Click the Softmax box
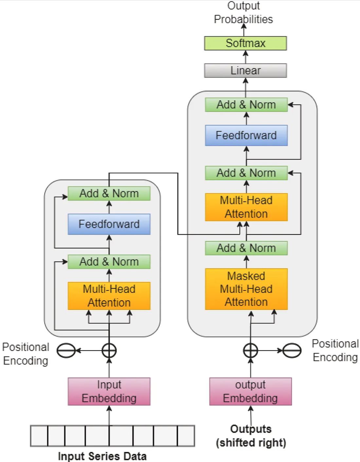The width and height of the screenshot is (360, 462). tap(245, 43)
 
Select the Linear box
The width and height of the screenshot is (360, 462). tap(245, 70)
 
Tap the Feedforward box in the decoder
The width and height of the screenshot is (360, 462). tap(246, 135)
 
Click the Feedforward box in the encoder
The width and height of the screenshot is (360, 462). tap(109, 224)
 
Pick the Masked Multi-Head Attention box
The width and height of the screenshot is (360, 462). tap(246, 289)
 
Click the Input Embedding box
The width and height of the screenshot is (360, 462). tap(109, 391)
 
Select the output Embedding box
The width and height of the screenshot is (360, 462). tap(250, 391)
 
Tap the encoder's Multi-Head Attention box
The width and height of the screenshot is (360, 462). tap(109, 296)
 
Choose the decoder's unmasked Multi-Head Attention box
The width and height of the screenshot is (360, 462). tap(246, 207)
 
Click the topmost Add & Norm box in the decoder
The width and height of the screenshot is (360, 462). tap(246, 105)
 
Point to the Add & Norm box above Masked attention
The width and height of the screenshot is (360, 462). tap(246, 248)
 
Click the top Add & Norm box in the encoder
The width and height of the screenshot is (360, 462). tap(109, 194)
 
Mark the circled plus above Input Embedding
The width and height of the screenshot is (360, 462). tap(109, 351)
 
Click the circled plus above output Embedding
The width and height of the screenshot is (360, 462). tap(250, 351)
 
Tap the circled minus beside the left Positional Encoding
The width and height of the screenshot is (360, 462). tap(66, 351)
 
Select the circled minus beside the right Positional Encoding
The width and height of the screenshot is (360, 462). tap(292, 351)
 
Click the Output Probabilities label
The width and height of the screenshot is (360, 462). tap(243, 12)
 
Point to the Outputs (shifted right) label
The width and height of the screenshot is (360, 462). tap(251, 436)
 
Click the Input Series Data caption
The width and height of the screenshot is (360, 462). tap(102, 456)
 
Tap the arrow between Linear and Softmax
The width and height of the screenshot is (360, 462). tap(245, 57)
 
